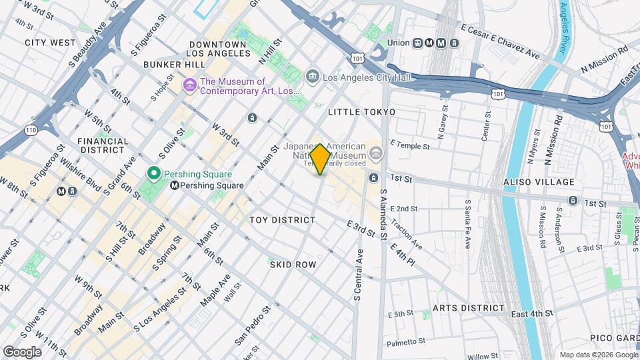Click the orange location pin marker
tap(320, 159)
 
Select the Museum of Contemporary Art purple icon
tap(190, 85)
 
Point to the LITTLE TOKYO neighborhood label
tap(361, 112)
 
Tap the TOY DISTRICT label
tap(282, 220)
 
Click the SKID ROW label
tap(293, 265)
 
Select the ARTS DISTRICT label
tap(469, 308)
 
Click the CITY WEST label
tap(51, 43)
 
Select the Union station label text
tap(398, 43)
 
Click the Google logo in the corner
tap(22, 351)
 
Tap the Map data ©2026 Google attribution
tap(598, 355)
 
